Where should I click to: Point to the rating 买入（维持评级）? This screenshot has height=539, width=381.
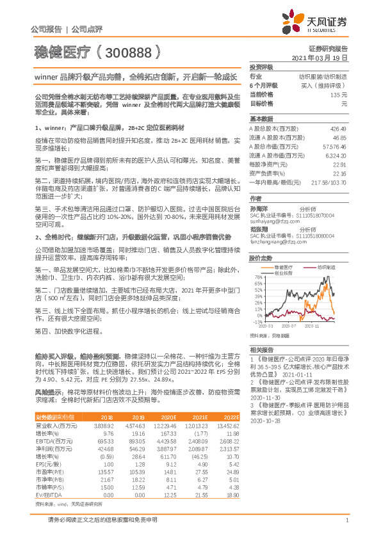(x=327, y=85)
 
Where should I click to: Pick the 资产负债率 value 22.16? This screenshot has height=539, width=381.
(x=339, y=173)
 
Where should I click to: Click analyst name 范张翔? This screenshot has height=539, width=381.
(x=259, y=229)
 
